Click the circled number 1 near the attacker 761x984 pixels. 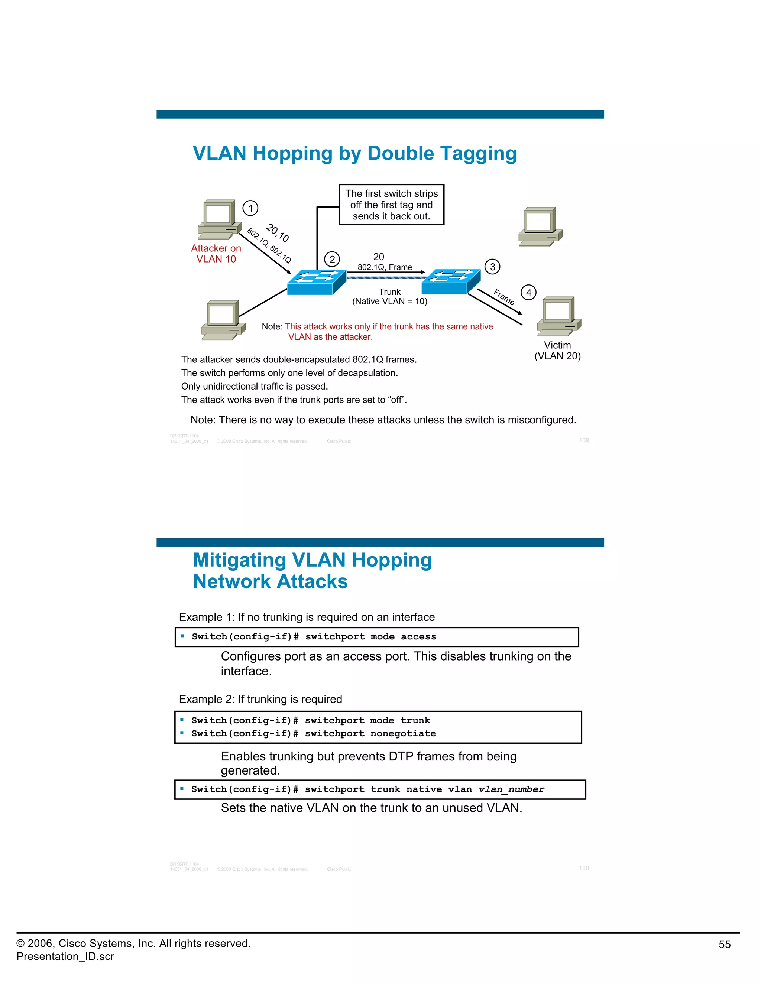click(x=251, y=208)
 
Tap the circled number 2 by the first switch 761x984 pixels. click(x=332, y=259)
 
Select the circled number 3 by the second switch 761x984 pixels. click(x=492, y=267)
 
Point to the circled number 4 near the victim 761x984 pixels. click(x=528, y=292)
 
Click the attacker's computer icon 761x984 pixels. click(x=217, y=219)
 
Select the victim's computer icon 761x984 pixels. click(x=558, y=316)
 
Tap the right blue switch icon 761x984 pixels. click(x=451, y=281)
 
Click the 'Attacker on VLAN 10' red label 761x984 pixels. click(x=216, y=254)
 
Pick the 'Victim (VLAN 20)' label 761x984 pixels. click(x=558, y=351)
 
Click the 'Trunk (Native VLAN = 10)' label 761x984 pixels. click(x=389, y=296)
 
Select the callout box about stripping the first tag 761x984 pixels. click(x=391, y=205)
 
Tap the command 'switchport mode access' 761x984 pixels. click(x=370, y=636)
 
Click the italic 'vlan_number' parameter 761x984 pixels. click(x=511, y=789)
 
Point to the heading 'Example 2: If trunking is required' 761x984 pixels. click(x=260, y=699)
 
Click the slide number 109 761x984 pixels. click(x=584, y=440)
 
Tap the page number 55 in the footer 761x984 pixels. click(x=724, y=944)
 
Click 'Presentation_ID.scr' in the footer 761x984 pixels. click(x=65, y=957)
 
